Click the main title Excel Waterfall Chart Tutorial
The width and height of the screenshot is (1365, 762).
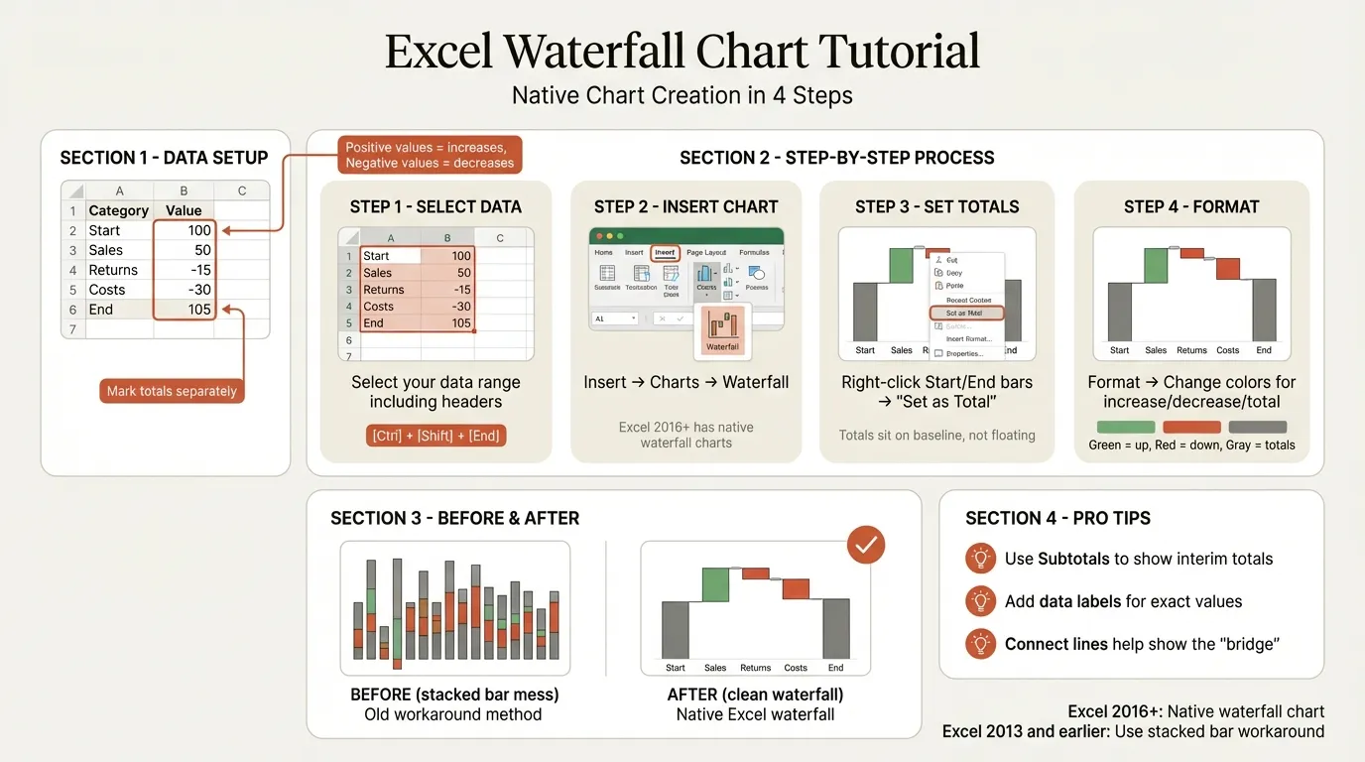coord(682,52)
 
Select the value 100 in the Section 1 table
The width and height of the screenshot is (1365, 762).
coord(198,230)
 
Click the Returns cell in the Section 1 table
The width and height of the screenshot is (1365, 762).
coord(113,270)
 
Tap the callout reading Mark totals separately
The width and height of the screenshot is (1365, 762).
coord(172,391)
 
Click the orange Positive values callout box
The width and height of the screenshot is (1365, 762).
coord(430,155)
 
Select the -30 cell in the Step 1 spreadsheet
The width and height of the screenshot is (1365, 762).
coord(458,307)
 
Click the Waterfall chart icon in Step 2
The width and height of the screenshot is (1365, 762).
coord(722,330)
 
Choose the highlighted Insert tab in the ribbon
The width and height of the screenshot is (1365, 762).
coord(665,252)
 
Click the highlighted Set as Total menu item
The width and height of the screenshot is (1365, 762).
coord(966,313)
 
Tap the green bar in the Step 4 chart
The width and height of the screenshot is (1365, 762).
coord(1156,265)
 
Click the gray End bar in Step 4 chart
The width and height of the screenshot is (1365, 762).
coord(1264,309)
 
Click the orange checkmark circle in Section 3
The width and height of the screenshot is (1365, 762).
coord(865,545)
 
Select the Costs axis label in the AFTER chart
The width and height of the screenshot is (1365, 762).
coord(796,668)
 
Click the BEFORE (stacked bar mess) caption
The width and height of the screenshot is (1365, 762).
coord(453,695)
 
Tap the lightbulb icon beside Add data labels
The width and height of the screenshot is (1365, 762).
coord(980,601)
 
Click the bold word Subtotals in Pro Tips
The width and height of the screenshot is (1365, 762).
coord(1073,559)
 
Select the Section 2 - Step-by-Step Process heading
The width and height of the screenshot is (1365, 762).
coord(836,158)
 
